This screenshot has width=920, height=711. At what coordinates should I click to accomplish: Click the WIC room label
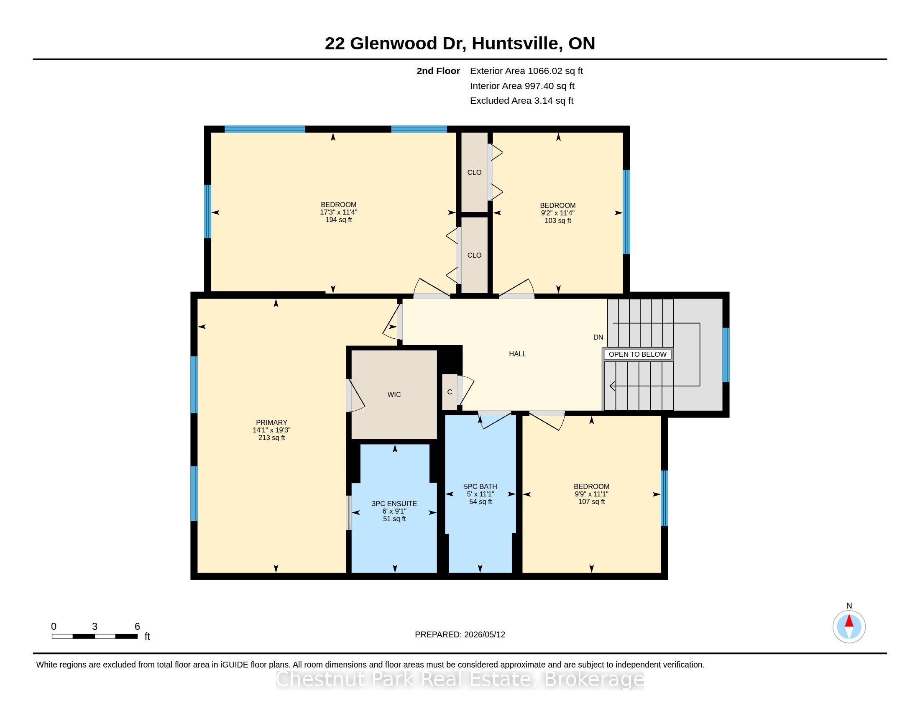(394, 395)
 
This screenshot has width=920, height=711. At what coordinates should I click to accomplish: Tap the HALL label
(517, 354)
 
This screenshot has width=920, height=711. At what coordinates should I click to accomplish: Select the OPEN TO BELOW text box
(637, 354)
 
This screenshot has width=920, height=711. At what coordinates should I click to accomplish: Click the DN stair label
(598, 338)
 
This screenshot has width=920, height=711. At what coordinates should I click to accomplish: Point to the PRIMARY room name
(271, 422)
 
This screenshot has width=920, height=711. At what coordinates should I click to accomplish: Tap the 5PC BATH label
(480, 486)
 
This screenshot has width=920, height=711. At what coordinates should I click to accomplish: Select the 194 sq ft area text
(338, 220)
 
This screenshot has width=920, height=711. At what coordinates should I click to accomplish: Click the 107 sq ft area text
(591, 501)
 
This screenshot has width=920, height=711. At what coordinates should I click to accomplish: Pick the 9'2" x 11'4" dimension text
(558, 213)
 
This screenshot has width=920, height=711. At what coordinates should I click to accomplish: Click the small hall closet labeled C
(450, 392)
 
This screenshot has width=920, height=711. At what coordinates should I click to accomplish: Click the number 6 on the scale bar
(137, 627)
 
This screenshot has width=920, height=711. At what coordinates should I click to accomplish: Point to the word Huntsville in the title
(517, 43)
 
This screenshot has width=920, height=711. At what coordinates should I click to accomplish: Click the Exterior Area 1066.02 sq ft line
(526, 71)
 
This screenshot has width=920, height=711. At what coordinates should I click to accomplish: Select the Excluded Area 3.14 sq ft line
(521, 101)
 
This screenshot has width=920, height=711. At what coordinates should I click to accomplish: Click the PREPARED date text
(460, 634)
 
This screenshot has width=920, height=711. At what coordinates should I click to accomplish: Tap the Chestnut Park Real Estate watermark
(460, 679)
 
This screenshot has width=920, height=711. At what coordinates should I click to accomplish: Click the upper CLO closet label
(474, 172)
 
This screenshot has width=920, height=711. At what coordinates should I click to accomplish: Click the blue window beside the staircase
(726, 355)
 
